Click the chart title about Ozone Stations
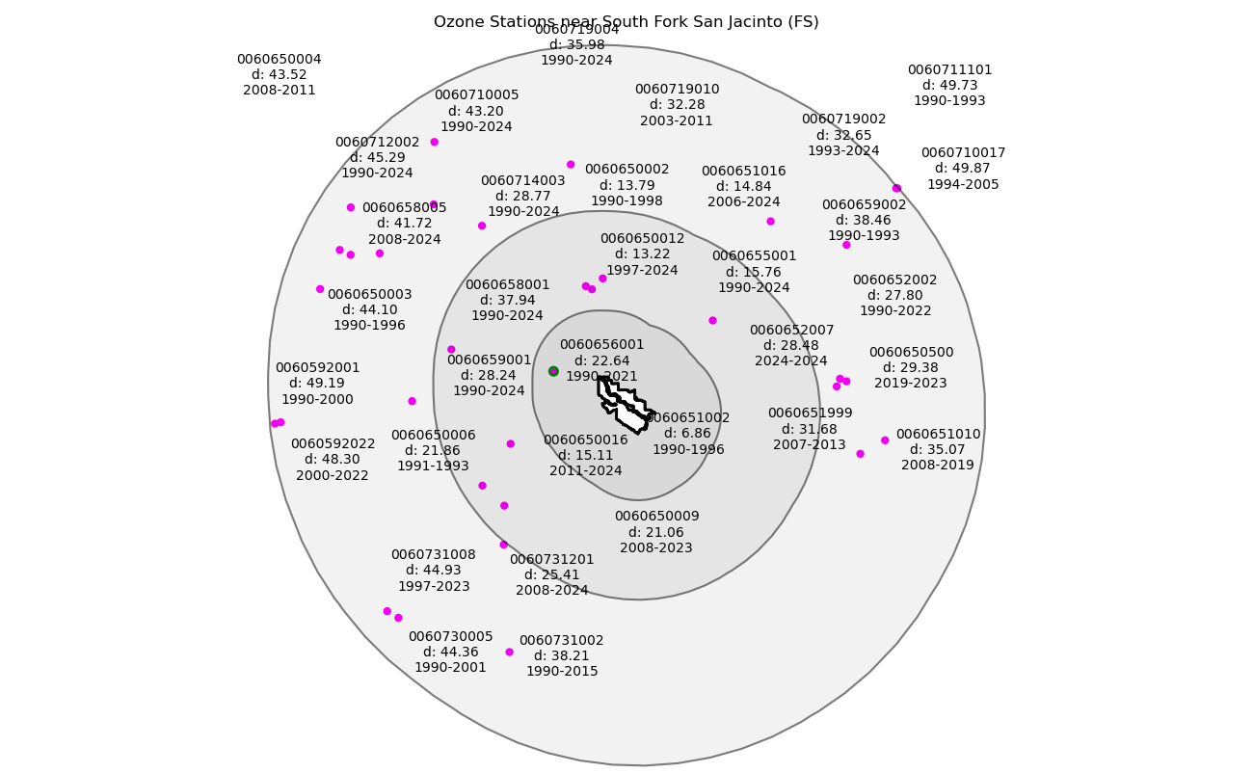point(626,21)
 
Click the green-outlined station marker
point(553,371)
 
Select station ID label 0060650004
point(280,60)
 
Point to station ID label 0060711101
point(949,70)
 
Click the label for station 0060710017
point(963,153)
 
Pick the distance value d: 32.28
point(677,105)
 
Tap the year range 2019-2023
point(911,384)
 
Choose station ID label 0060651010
point(938,435)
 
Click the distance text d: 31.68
point(810,429)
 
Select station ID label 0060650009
point(656,517)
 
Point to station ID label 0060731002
point(561,641)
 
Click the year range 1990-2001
point(450,668)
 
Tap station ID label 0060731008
point(433,555)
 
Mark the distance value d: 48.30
point(333,460)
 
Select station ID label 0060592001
point(317,368)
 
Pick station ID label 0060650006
point(433,436)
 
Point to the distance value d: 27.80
point(894,296)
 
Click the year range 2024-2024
point(791,361)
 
